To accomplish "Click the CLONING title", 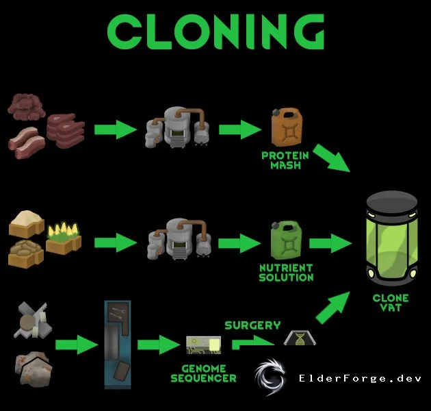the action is point(215,32).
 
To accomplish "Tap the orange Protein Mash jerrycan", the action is point(287,127).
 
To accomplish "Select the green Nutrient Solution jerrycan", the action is point(286,240).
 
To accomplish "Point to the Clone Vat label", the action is point(391,303).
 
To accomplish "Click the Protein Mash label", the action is point(285,160).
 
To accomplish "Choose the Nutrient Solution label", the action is point(286,273).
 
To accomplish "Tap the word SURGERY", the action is point(252,325).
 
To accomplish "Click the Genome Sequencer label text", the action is point(203,373).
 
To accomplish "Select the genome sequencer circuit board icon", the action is point(203,345).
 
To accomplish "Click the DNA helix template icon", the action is point(300,338).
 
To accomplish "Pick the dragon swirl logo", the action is point(270,377).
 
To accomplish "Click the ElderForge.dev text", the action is point(360,378).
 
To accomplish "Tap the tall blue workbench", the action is point(118,345).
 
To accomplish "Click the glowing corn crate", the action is point(64,238).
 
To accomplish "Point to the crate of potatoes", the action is point(26,254).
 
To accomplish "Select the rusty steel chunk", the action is point(34,369).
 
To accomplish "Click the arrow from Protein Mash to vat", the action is point(332,158).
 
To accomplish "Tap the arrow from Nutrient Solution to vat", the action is point(330,243).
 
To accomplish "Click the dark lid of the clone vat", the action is point(392,202).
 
